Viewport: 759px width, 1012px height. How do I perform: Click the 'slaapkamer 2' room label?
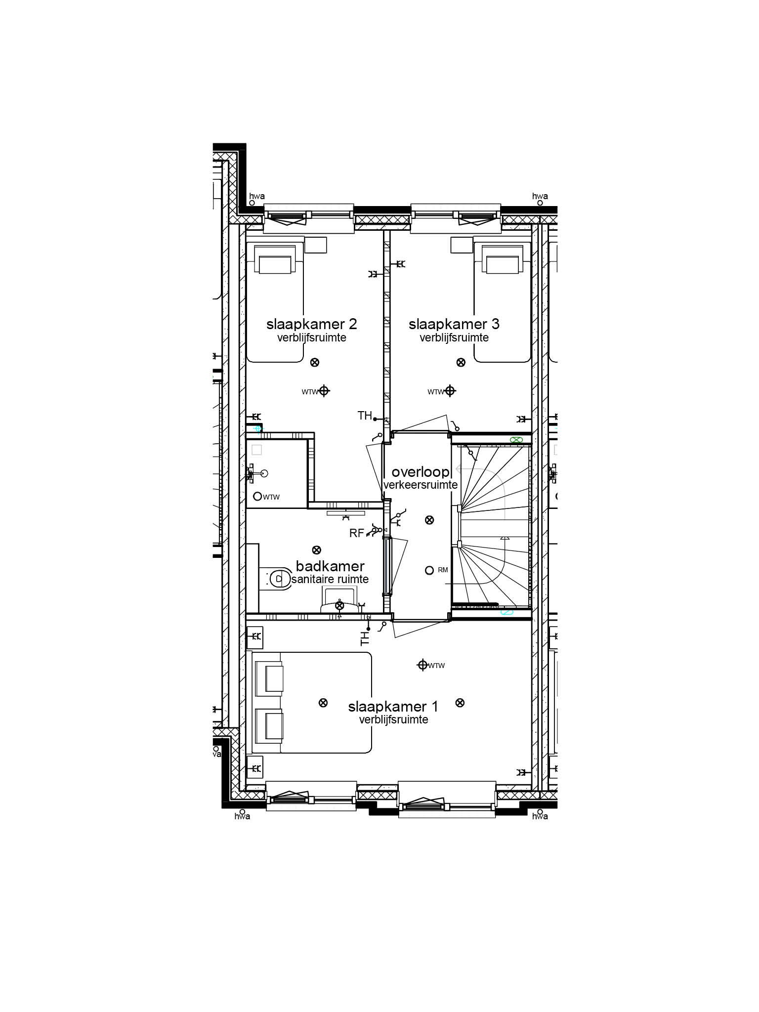(x=311, y=325)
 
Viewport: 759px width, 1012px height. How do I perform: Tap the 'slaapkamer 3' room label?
(x=454, y=325)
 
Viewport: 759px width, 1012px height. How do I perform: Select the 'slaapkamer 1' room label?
(x=393, y=707)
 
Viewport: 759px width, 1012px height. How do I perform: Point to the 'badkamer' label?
(x=330, y=566)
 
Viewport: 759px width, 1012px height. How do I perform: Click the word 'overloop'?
(x=420, y=472)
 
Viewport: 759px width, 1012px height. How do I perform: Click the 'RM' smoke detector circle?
(x=429, y=570)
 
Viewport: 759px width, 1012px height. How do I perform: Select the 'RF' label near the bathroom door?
(x=356, y=533)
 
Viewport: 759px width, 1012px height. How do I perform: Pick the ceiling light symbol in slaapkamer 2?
(x=314, y=362)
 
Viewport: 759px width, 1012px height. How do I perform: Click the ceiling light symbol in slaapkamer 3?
(x=461, y=362)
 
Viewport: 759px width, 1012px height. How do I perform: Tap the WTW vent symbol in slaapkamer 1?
(x=422, y=665)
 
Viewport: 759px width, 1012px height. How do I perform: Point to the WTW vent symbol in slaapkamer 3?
(x=449, y=391)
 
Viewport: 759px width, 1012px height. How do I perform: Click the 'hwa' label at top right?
(x=540, y=196)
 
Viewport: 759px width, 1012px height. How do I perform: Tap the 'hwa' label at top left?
(x=256, y=196)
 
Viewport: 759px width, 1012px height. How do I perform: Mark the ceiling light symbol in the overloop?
(x=429, y=519)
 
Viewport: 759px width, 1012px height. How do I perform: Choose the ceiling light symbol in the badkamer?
(x=316, y=549)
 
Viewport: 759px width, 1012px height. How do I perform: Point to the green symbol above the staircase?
(x=515, y=439)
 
